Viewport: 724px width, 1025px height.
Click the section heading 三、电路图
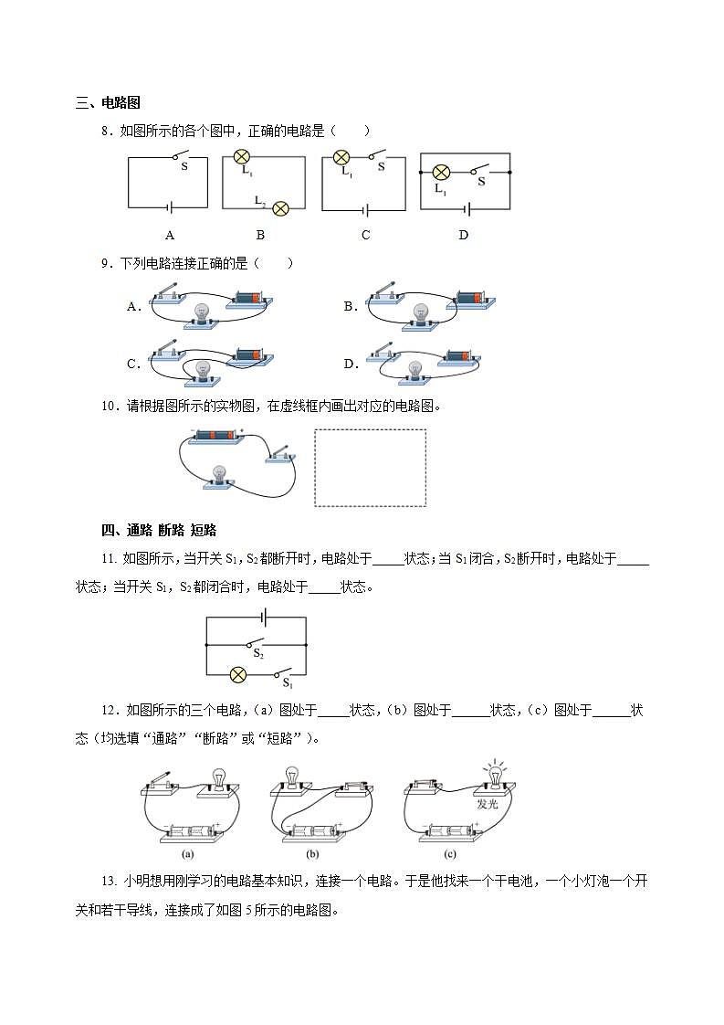[108, 103]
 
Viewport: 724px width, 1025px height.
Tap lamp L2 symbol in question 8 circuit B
[281, 207]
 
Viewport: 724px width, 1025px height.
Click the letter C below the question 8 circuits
[365, 235]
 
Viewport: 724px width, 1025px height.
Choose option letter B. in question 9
[351, 307]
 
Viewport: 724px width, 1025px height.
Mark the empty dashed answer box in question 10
[370, 468]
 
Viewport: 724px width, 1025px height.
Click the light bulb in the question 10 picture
[220, 474]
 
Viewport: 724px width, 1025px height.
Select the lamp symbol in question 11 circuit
[236, 675]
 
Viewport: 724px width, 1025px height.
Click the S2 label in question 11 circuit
[258, 654]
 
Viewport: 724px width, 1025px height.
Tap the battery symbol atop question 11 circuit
[262, 618]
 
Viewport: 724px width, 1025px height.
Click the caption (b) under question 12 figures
[312, 854]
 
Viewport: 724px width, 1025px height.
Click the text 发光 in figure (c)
[487, 806]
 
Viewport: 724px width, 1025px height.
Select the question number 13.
[110, 882]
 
